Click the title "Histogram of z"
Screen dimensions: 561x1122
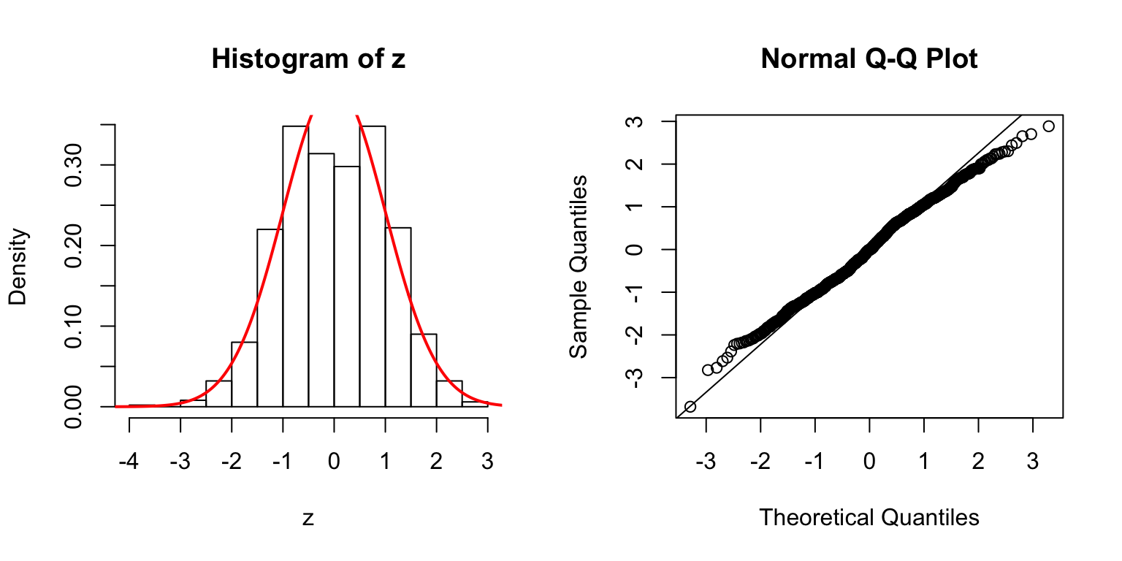[308, 59]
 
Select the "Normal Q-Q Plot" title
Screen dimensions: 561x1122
[869, 59]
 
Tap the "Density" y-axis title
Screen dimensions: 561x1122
[18, 266]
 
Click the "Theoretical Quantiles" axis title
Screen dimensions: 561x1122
[869, 517]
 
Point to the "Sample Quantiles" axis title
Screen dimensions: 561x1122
[579, 266]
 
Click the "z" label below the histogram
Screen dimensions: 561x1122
[308, 518]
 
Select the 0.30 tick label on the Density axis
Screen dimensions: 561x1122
[73, 165]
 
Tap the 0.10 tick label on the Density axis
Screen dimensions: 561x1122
[73, 326]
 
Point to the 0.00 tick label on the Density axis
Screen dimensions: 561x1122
[73, 406]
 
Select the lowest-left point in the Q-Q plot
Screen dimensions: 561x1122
[690, 406]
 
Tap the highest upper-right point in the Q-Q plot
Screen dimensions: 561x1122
[1048, 126]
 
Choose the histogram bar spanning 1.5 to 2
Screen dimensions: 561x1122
[424, 370]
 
